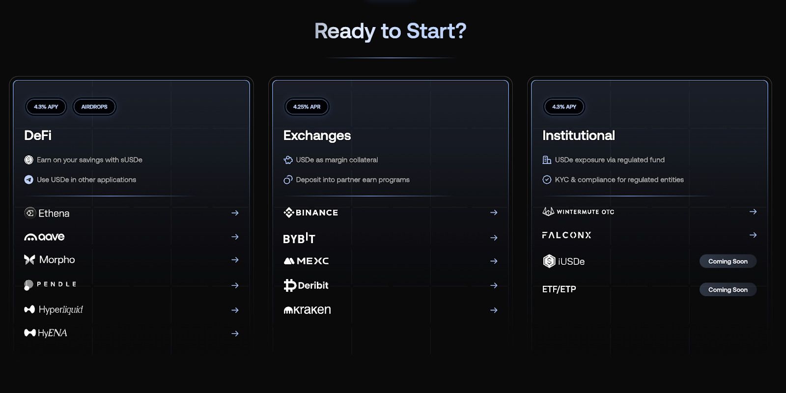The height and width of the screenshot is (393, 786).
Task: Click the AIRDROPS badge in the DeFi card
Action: click(94, 107)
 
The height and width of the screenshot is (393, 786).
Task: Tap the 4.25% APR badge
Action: click(307, 107)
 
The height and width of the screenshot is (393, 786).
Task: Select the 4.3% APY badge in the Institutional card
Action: click(564, 107)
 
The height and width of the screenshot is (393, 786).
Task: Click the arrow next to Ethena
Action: click(235, 213)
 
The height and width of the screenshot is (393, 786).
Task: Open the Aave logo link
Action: click(44, 237)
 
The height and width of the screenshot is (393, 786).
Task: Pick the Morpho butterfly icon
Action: click(29, 260)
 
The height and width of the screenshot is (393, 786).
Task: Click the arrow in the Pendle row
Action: click(235, 285)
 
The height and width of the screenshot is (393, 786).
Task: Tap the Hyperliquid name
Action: click(61, 309)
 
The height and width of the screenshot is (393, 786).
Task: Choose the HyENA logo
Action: click(45, 333)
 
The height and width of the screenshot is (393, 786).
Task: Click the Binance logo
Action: click(310, 212)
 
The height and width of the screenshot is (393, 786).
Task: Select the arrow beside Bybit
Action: click(494, 238)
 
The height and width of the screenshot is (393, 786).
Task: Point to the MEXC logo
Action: click(306, 261)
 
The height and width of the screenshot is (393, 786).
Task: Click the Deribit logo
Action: click(306, 285)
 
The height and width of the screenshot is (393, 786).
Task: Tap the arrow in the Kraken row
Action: click(494, 310)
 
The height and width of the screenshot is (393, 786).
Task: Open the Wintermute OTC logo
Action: click(578, 212)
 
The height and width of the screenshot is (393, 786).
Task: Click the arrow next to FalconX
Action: click(753, 235)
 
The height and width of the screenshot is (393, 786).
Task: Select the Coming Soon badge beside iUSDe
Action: click(728, 261)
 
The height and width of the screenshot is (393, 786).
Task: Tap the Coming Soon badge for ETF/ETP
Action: click(728, 290)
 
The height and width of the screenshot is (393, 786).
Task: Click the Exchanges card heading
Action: click(317, 136)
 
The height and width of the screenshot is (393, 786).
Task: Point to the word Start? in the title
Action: click(437, 31)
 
